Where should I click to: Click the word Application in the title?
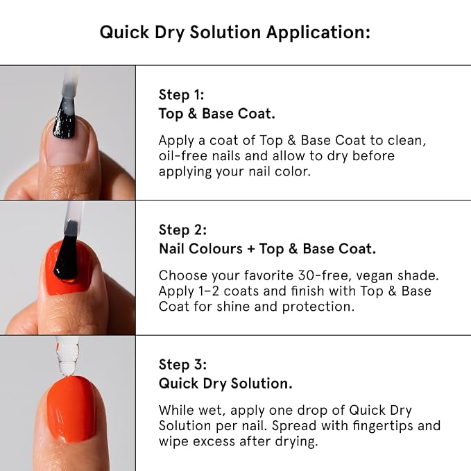pos(318,33)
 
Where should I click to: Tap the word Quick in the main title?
pos(124,32)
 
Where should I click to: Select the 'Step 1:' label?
pos(182,95)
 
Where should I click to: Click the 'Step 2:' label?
pos(182,230)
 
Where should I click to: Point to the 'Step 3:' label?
pos(182,365)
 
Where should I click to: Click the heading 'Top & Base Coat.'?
pos(217,114)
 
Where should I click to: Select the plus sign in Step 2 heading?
pos(251,249)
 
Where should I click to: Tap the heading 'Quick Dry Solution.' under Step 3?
pos(225,384)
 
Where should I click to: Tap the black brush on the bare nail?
pos(65,119)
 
